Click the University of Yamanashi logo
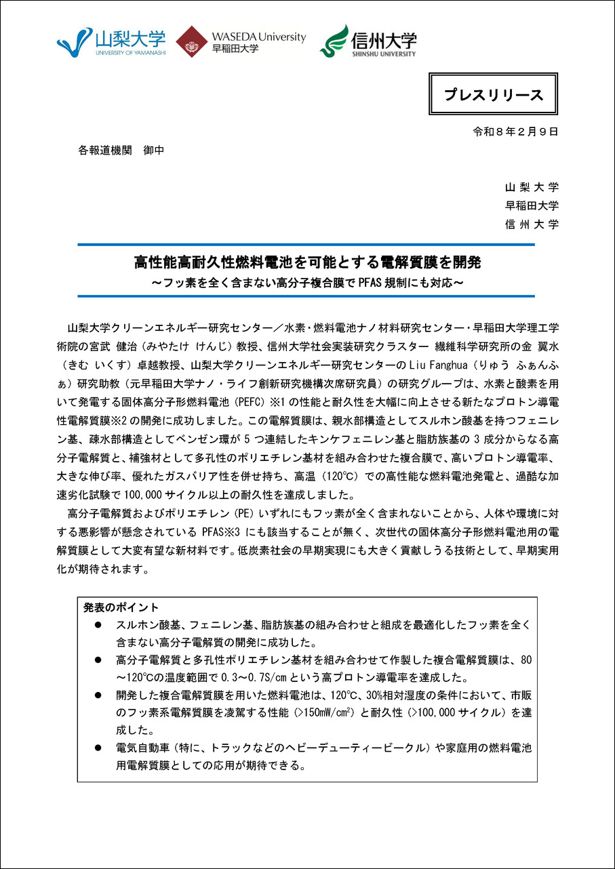111,41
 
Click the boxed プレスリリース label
494,94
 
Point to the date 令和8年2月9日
516,132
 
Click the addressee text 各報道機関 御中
121,150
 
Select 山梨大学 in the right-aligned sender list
532,188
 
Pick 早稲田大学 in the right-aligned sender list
532,206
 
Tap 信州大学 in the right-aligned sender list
532,224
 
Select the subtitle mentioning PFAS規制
306,281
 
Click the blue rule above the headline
306,245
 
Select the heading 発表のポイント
121,607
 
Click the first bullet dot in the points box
98,624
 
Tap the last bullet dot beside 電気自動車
98,748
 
